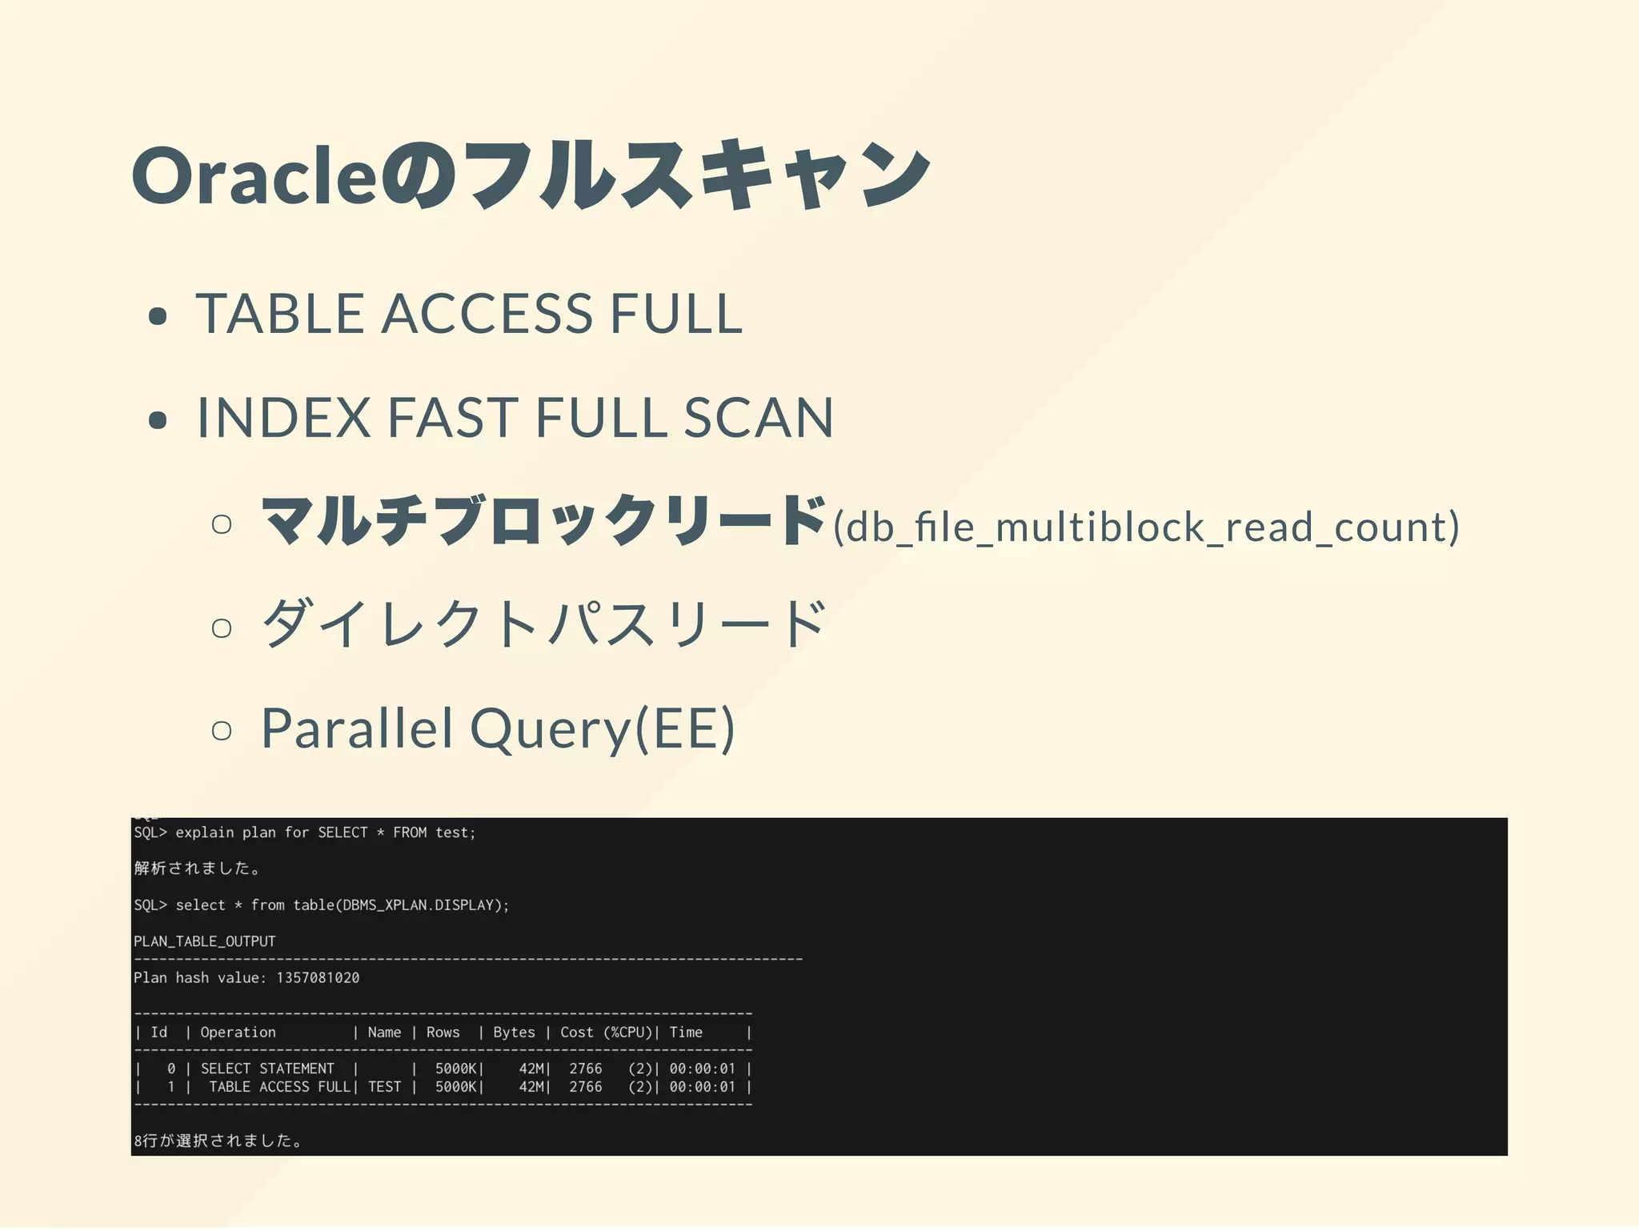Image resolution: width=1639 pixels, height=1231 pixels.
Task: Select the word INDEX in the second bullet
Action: (x=283, y=418)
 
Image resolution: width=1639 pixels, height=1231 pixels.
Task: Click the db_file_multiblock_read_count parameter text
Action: (x=1146, y=527)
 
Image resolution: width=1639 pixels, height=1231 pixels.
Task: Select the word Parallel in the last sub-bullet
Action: (x=357, y=728)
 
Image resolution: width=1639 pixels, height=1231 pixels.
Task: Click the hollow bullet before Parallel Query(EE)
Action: (x=222, y=730)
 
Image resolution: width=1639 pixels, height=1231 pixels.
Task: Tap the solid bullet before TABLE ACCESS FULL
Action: (x=158, y=316)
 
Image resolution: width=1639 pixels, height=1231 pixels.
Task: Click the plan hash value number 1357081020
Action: (x=318, y=978)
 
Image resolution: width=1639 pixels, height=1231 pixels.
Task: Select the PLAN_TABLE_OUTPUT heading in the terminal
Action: (x=205, y=941)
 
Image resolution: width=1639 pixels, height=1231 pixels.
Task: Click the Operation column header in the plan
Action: (x=238, y=1033)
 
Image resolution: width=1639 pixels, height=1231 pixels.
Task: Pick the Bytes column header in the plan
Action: (x=514, y=1033)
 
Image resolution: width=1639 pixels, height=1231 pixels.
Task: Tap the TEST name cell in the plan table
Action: (x=385, y=1087)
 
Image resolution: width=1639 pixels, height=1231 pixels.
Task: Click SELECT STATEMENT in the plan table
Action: (x=267, y=1069)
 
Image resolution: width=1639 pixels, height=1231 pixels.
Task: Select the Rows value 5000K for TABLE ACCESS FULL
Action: (x=456, y=1087)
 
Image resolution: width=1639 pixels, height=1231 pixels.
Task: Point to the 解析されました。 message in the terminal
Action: (x=197, y=868)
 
